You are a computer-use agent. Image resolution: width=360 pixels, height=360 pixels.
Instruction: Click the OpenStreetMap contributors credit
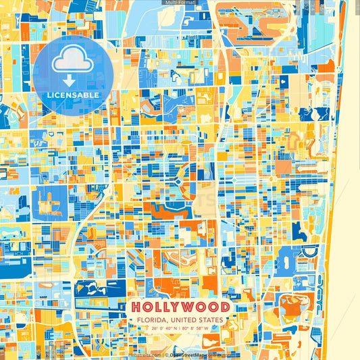point(196,353)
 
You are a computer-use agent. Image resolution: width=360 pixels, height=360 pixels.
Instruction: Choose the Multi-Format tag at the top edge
point(180,3)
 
